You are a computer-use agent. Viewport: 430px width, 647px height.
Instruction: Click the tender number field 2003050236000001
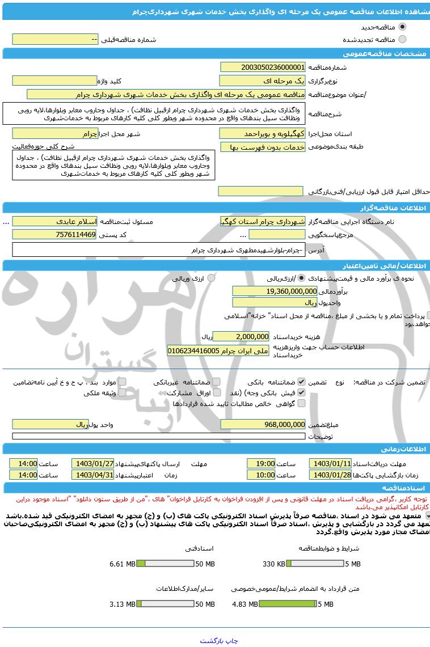pyautogui.click(x=263, y=67)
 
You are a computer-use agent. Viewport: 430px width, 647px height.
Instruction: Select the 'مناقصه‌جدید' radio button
pyautogui.click(x=403, y=27)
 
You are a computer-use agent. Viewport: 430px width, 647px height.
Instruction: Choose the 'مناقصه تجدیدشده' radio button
pyautogui.click(x=403, y=39)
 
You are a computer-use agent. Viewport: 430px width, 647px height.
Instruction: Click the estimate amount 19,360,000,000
pyautogui.click(x=275, y=291)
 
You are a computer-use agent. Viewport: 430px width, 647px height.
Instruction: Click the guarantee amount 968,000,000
pyautogui.click(x=263, y=424)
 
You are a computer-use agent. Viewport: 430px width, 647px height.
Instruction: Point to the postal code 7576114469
pyautogui.click(x=54, y=234)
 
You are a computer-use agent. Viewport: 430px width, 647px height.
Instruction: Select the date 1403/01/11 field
pyautogui.click(x=330, y=463)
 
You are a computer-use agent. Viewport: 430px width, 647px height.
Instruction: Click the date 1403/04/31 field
pyautogui.click(x=92, y=475)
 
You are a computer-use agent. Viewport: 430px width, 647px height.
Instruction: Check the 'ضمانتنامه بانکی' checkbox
pyautogui.click(x=301, y=382)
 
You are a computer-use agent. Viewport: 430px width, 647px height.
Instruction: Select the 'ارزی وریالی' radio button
pyautogui.click(x=211, y=278)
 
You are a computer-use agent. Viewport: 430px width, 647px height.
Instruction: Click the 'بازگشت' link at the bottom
pyautogui.click(x=213, y=641)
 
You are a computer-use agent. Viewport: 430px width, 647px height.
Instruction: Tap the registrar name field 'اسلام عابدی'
pyautogui.click(x=54, y=221)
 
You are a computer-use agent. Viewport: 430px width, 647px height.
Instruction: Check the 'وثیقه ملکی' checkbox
pyautogui.click(x=122, y=392)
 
